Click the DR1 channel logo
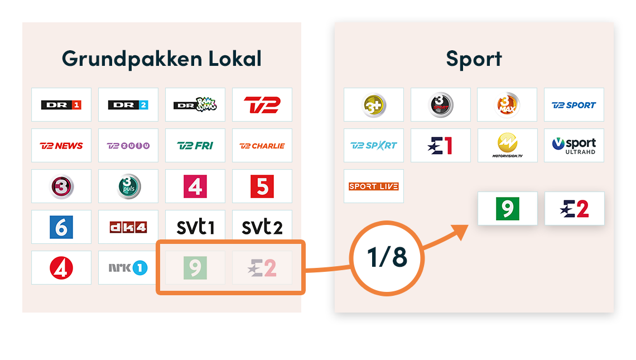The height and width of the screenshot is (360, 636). (61, 105)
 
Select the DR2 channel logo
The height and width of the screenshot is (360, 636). (128, 105)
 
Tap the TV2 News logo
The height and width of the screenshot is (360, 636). (61, 146)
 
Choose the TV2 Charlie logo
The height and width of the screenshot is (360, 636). (262, 146)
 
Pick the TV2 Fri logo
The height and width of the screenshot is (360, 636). (195, 146)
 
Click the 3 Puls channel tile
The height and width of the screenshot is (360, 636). (128, 186)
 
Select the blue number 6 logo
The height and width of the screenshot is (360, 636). (61, 227)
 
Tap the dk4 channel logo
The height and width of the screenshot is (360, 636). (128, 227)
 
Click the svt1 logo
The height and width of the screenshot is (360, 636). (195, 227)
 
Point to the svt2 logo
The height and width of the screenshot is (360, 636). (262, 227)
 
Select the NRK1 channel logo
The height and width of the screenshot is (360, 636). (128, 268)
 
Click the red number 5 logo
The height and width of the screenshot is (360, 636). (262, 186)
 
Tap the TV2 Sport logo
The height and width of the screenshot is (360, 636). (574, 105)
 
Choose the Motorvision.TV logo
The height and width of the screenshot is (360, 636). (507, 146)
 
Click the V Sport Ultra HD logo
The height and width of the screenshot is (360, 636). (574, 146)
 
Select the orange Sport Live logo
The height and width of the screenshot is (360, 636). (374, 186)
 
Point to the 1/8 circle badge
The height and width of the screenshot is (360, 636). (387, 257)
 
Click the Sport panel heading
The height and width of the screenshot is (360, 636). (474, 59)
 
